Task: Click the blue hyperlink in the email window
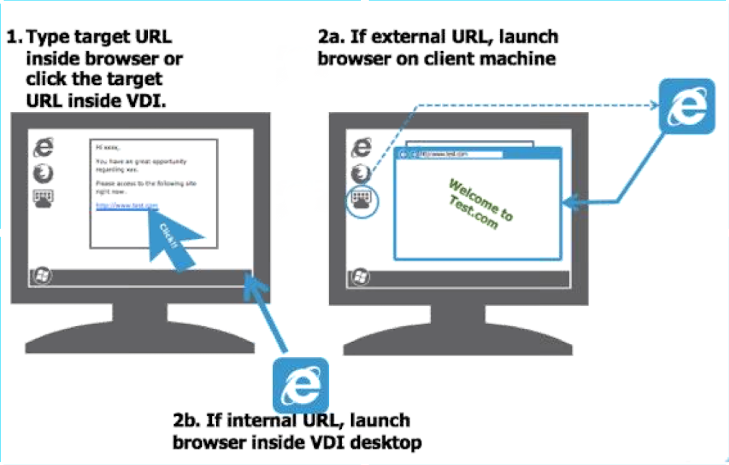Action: coord(127,206)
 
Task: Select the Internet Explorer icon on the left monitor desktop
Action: coord(44,148)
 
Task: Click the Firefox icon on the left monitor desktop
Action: coord(43,173)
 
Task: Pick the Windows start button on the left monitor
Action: coord(42,275)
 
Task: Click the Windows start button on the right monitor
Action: coord(360,277)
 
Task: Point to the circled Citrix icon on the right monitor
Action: coord(362,199)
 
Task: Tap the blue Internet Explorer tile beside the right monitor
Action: coord(686,107)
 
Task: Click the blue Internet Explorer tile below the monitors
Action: coord(300,385)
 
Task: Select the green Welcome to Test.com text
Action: coord(480,205)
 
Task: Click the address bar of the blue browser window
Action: coord(456,154)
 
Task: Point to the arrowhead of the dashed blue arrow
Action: coord(654,106)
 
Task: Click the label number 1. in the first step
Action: coord(14,37)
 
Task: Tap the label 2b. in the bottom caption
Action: coord(186,420)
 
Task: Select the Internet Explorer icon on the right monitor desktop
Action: coord(361,148)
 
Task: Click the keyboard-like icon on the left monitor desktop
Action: coord(43,198)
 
